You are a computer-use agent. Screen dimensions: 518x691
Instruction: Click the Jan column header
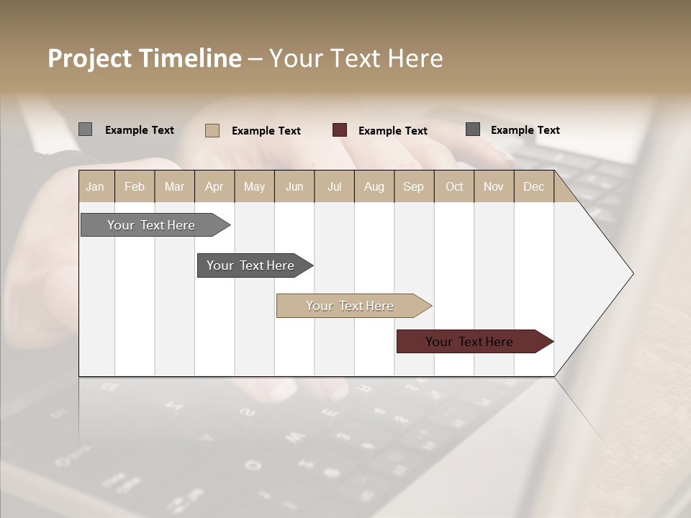click(x=95, y=186)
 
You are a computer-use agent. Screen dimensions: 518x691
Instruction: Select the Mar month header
click(x=174, y=186)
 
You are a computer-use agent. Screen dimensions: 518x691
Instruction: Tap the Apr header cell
click(x=214, y=186)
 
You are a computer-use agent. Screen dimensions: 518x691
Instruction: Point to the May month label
click(x=254, y=186)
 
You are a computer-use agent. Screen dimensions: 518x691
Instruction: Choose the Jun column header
click(x=294, y=186)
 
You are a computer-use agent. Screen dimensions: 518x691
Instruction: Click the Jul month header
click(x=334, y=186)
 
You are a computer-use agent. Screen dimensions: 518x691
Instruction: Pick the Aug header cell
click(x=374, y=186)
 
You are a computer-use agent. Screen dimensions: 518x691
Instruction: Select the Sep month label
click(x=413, y=186)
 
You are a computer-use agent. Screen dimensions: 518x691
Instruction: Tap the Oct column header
click(x=454, y=186)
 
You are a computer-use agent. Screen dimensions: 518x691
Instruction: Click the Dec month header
click(x=533, y=186)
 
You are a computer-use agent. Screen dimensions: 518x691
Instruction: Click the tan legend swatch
click(x=212, y=130)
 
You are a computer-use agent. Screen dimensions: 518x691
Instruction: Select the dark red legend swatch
click(x=340, y=129)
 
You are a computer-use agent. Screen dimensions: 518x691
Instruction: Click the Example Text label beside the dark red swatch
click(x=392, y=130)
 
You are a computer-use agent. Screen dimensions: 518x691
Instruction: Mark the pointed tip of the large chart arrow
click(x=632, y=273)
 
